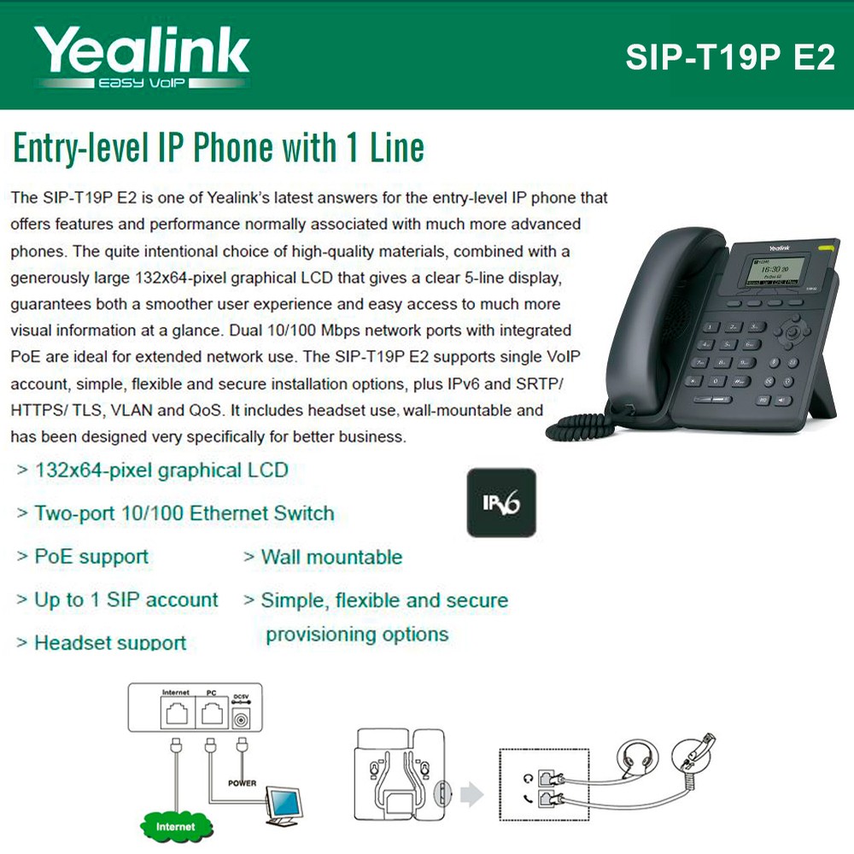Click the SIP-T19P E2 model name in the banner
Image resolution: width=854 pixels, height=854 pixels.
[730, 57]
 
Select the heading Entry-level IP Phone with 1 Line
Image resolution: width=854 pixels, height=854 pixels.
[219, 148]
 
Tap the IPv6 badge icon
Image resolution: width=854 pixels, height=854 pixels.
[501, 503]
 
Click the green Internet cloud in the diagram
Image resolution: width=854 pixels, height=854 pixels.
[175, 826]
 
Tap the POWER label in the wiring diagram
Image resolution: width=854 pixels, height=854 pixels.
[242, 782]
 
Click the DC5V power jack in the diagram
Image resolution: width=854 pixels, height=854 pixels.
[241, 719]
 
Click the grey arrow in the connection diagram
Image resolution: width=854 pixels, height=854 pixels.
[471, 794]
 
